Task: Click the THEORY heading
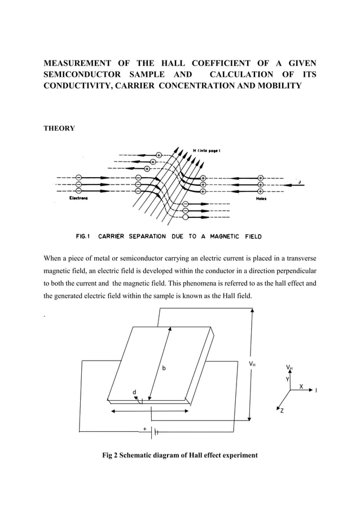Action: pyautogui.click(x=59, y=129)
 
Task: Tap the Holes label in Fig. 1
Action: pyautogui.click(x=261, y=199)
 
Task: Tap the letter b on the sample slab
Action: pyautogui.click(x=164, y=368)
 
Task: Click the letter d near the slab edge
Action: pyautogui.click(x=134, y=392)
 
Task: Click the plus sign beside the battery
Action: pyautogui.click(x=145, y=429)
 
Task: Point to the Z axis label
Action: pyautogui.click(x=282, y=411)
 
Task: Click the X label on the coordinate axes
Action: pyautogui.click(x=301, y=387)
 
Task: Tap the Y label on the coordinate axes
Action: pyautogui.click(x=287, y=380)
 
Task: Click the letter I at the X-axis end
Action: pyautogui.click(x=316, y=390)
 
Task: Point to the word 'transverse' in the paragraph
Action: pyautogui.click(x=297, y=260)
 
